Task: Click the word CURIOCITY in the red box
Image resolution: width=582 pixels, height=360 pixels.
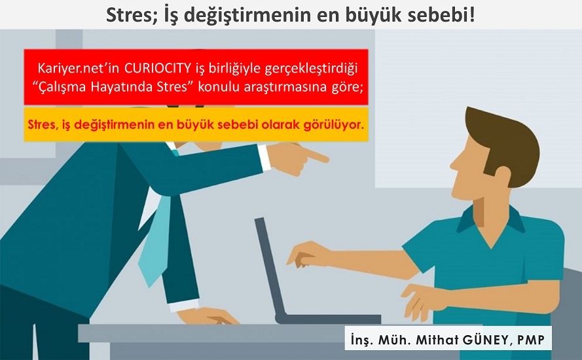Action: click(157, 68)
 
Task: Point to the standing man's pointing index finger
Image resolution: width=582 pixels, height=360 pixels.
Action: click(318, 156)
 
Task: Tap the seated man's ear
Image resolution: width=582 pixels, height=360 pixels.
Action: click(502, 177)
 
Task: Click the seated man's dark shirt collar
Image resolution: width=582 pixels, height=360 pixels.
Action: click(490, 219)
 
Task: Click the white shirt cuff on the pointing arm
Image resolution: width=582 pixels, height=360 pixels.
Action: click(264, 157)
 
